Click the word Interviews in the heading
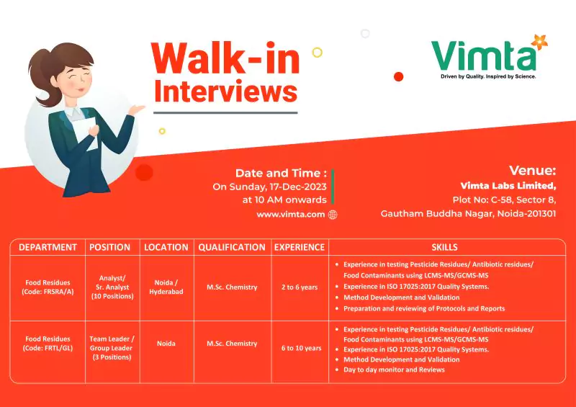225,91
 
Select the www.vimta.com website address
290,214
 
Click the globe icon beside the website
333,214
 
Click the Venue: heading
532,171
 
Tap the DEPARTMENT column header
48,247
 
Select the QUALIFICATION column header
232,247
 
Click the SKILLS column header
444,247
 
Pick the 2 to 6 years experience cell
300,287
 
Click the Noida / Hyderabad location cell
166,287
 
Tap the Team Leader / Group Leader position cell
112,348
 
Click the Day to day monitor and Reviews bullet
393,370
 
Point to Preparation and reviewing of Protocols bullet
423,308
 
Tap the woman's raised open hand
136,109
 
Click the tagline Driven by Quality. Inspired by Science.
488,76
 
